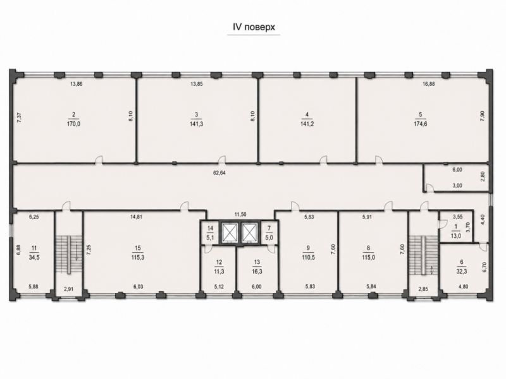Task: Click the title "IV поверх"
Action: (254, 27)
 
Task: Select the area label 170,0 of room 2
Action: (73, 124)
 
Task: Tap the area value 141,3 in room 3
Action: (197, 124)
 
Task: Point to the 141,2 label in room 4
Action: (307, 124)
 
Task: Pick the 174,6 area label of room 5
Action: (421, 124)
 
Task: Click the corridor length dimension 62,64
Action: (219, 172)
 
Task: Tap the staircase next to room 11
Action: (68, 255)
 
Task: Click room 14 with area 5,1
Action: (211, 232)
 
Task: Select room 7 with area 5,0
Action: (269, 232)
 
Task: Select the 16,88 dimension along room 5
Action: (429, 84)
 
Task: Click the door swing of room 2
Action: (99, 160)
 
